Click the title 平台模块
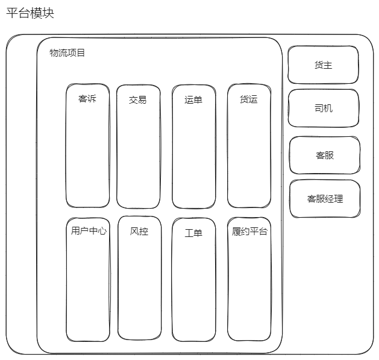(30, 13)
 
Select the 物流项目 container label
(67, 52)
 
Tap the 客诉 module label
(87, 99)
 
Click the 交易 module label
(138, 100)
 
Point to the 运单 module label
(193, 99)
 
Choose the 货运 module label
(249, 99)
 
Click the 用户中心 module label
(89, 231)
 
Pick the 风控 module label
(139, 232)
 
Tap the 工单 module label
(193, 233)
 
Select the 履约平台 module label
(249, 232)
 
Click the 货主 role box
(323, 65)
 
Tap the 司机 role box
(324, 108)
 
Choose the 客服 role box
(325, 155)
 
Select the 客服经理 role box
(325, 198)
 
